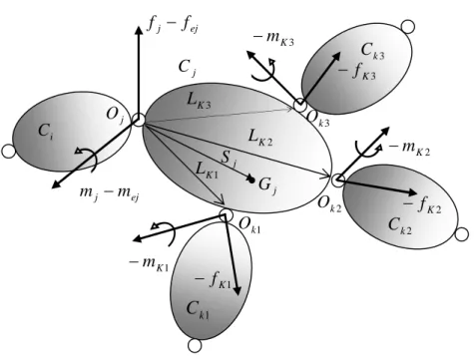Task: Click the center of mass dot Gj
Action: coord(251,180)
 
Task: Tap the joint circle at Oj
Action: coord(139,120)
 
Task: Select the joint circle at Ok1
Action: coord(227,215)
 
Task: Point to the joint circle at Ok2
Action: coord(337,180)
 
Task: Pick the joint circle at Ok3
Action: coord(300,106)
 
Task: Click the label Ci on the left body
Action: coord(45,131)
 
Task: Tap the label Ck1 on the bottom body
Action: coord(198,309)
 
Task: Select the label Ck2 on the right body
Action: coord(400,225)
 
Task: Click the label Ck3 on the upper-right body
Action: coord(372,51)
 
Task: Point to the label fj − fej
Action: coord(173,25)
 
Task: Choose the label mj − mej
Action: coord(109,193)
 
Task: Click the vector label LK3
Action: coord(199,101)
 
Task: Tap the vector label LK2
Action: coord(260,137)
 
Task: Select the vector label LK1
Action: coord(207,170)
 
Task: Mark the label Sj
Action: coord(230,159)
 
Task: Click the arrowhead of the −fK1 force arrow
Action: coord(237,291)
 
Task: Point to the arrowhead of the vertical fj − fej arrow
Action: coord(139,30)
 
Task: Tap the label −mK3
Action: coord(273,38)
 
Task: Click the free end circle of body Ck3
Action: coord(408,27)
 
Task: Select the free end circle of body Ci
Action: coord(8,152)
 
